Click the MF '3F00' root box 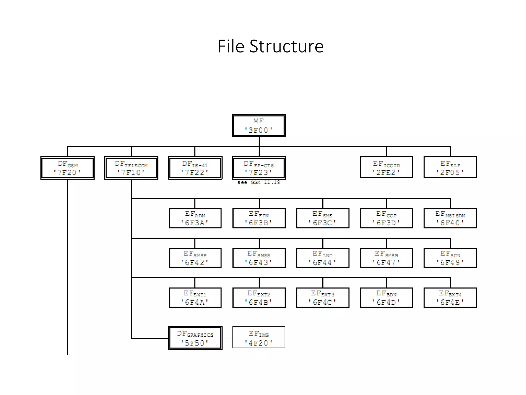pos(259,125)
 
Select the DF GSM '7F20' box pos(68,168)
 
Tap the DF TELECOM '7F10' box pos(131,168)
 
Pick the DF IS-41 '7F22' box pos(195,168)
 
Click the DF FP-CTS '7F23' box pos(259,168)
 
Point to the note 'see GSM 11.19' pos(259,182)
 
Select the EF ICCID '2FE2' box pos(387,167)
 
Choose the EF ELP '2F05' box pos(450,167)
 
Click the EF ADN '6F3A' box pos(195,218)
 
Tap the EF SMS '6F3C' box pos(323,218)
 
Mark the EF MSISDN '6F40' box pos(450,218)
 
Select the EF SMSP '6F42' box pos(195,258)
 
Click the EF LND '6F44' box pos(323,258)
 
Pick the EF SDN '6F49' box pos(450,258)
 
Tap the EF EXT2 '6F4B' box pos(259,298)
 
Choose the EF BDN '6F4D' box pos(387,298)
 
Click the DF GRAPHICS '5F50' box pos(195,338)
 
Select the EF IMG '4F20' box pos(259,337)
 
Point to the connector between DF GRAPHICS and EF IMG pos(227,338)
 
